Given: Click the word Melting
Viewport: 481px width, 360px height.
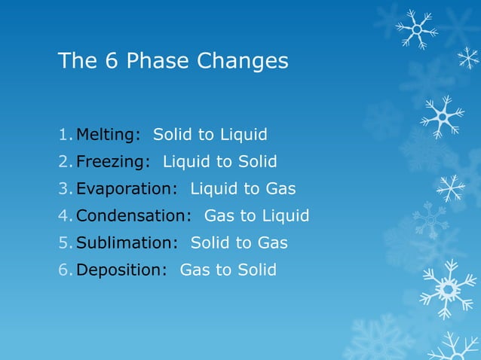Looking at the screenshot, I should point(106,135).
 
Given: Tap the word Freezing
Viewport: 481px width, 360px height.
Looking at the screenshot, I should point(109,162).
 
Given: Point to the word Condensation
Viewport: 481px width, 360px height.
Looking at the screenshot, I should point(131,216).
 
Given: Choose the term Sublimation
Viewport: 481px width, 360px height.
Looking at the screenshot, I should point(124,243).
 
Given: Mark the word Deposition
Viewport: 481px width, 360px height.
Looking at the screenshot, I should point(119,270).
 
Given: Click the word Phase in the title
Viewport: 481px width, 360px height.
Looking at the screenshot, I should point(158,61).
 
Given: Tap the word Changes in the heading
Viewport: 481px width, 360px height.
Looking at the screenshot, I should point(242,61).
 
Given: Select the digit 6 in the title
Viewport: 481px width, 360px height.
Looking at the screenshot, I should point(111,61).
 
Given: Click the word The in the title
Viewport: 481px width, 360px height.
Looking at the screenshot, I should point(77,61).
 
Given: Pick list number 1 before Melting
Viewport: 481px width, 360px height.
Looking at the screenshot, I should point(64,135).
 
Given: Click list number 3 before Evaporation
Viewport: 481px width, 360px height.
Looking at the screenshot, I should point(64,189).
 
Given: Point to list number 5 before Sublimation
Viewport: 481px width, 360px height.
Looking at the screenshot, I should point(64,243).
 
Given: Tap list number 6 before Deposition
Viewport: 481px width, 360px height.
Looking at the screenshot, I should point(64,270).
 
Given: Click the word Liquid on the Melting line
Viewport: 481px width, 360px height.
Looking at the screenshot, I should point(244,135).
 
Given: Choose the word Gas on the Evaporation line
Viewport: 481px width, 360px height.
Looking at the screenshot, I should point(280,189).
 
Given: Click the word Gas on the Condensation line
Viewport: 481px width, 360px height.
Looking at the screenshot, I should point(219,216).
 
